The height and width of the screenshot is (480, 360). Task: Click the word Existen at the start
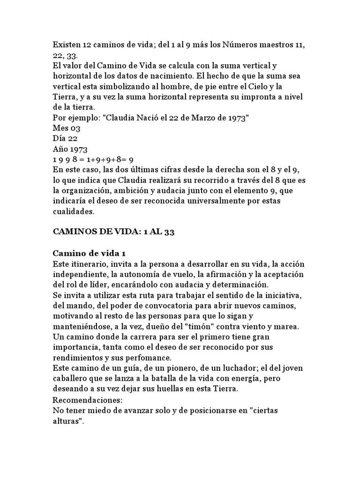coord(66,45)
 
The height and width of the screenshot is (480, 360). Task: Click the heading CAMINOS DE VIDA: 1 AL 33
coord(113,232)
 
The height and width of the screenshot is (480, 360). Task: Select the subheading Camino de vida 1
coord(89,253)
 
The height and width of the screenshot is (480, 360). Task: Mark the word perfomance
coord(144,357)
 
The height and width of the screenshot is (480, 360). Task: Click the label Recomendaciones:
coord(87,401)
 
